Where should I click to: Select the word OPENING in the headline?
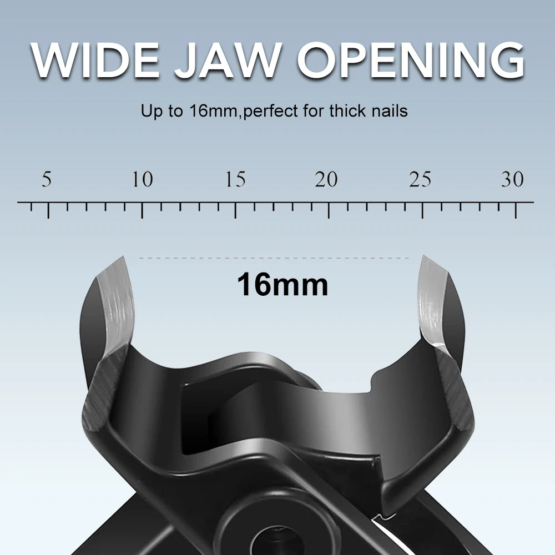411,60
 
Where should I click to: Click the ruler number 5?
47,179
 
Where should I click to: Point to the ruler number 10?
142,179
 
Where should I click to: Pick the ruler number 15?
236,179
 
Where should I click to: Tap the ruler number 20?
326,179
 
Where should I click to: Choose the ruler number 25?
420,179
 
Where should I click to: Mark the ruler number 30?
512,179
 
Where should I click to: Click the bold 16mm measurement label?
282,285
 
